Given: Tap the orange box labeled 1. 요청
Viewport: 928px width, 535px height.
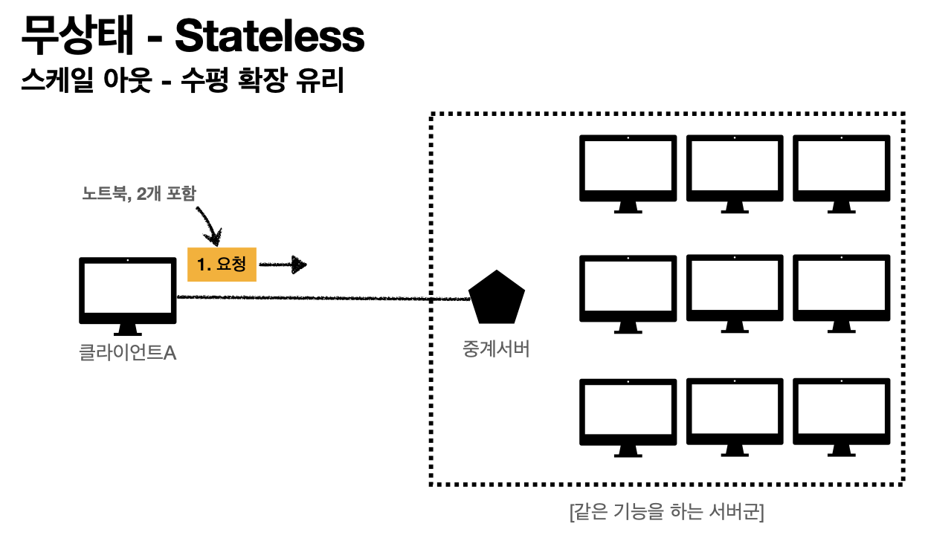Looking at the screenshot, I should point(222,264).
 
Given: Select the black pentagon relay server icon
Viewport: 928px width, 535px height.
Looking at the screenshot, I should point(497,296).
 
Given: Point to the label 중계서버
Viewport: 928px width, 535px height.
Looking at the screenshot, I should point(496,349).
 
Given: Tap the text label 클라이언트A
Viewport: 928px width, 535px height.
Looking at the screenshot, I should point(128,352).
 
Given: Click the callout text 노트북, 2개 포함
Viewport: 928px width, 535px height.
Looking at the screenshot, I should point(139,195).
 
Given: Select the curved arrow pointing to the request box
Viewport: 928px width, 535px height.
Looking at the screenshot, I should point(209,223).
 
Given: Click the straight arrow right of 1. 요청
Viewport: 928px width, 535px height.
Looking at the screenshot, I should point(283,264).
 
